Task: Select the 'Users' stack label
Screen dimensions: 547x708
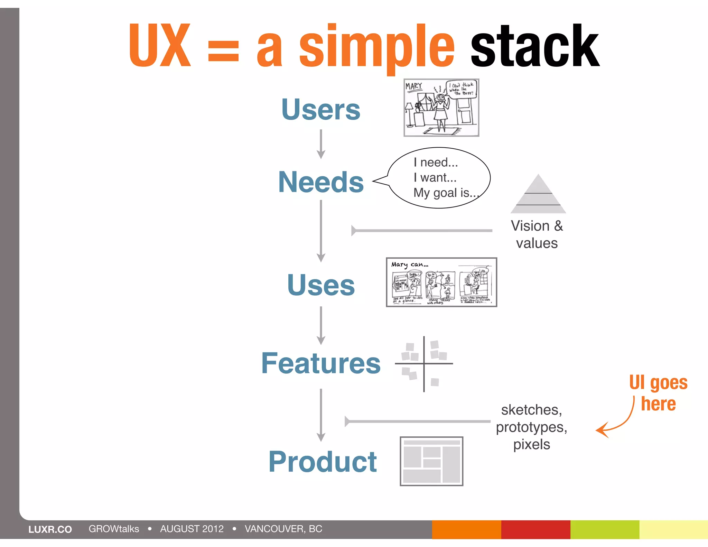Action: click(x=321, y=110)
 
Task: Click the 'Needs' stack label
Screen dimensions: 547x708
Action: click(x=321, y=182)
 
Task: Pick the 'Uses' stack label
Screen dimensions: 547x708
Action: click(x=321, y=285)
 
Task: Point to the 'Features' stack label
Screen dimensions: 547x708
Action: click(x=321, y=363)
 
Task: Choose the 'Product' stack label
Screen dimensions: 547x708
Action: click(x=323, y=462)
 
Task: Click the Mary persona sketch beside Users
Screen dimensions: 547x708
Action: click(x=441, y=108)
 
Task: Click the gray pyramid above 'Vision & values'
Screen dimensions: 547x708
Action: click(x=538, y=195)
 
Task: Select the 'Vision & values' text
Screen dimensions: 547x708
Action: click(x=537, y=234)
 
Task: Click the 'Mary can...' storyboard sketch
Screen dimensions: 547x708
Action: click(x=441, y=282)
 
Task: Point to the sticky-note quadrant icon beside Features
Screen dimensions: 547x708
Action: click(x=424, y=364)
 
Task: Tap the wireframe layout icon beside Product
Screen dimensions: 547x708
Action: click(x=431, y=461)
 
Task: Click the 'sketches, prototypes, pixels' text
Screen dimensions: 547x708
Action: click(x=531, y=427)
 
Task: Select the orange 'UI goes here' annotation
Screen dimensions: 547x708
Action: click(x=658, y=393)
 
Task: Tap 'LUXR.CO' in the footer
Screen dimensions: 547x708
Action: click(x=50, y=529)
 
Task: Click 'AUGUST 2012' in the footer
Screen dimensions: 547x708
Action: click(x=192, y=529)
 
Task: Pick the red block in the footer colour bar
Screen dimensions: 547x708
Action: click(x=535, y=529)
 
